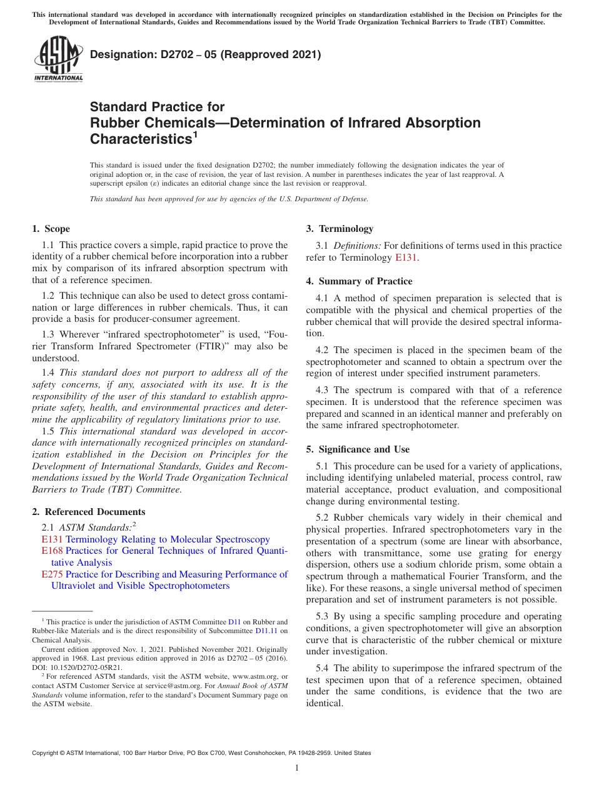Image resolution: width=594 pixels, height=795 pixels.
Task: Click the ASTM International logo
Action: click(58, 59)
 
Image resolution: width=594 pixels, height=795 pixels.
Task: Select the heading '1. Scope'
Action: click(51, 229)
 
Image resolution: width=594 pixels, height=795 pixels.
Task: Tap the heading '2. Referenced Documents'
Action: click(88, 512)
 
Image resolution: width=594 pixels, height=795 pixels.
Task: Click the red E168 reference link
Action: click(52, 551)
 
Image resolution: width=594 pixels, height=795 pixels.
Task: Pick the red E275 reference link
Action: click(52, 574)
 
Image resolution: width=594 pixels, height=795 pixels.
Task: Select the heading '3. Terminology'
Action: click(340, 229)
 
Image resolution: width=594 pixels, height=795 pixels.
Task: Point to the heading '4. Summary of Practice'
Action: click(359, 281)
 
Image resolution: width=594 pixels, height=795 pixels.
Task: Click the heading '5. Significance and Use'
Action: click(358, 449)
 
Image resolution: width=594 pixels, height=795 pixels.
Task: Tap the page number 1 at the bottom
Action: click(297, 768)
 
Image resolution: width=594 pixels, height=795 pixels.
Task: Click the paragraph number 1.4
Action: click(49, 372)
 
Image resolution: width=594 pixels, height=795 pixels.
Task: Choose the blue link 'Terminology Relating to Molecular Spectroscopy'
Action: click(168, 539)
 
